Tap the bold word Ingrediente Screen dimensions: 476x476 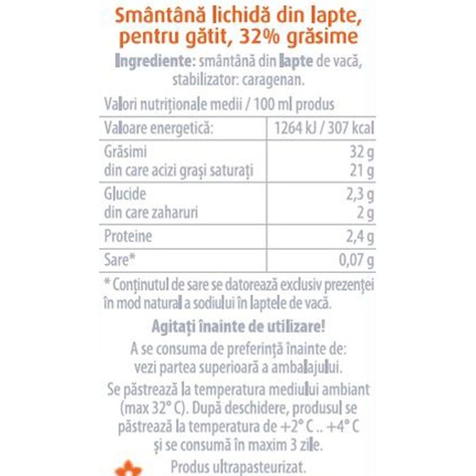point(152,61)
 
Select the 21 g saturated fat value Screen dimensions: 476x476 point(362,172)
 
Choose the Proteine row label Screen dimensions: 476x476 point(128,237)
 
